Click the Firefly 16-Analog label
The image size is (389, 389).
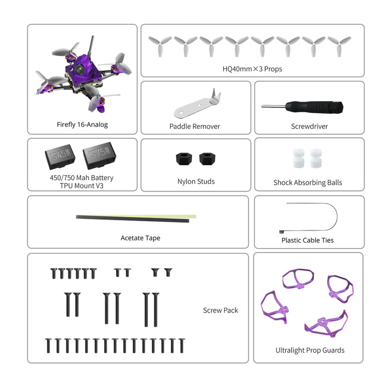coord(82,124)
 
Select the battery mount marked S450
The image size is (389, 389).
coord(60,156)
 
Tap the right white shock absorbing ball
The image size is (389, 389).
coord(316,159)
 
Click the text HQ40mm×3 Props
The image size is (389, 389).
coord(252,69)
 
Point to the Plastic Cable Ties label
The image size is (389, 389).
coord(307,240)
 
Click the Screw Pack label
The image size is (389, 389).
coord(220,310)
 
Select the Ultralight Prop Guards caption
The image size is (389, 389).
coord(310,350)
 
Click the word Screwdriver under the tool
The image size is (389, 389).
coord(309,126)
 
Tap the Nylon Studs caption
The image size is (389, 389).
coord(196,181)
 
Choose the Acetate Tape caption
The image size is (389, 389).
coord(140,238)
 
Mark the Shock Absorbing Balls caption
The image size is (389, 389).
coord(307,183)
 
